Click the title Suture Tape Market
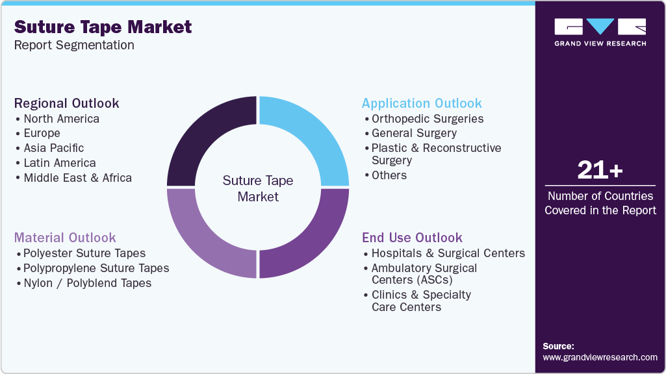[103, 27]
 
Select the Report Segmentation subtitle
[74, 45]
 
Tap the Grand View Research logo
[600, 32]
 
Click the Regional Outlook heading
[67, 103]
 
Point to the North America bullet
[61, 119]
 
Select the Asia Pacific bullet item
[53, 148]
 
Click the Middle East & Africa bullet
[77, 178]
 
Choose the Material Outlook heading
[65, 238]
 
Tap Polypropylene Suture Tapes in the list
[96, 268]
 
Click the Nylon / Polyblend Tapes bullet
[87, 283]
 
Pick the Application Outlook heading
[422, 103]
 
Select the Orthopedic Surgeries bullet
[427, 119]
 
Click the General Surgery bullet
[414, 133]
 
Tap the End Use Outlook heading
[412, 238]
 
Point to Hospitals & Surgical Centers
[448, 253]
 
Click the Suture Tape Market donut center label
[258, 188]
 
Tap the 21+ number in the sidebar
[600, 170]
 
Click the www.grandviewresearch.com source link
[600, 357]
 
